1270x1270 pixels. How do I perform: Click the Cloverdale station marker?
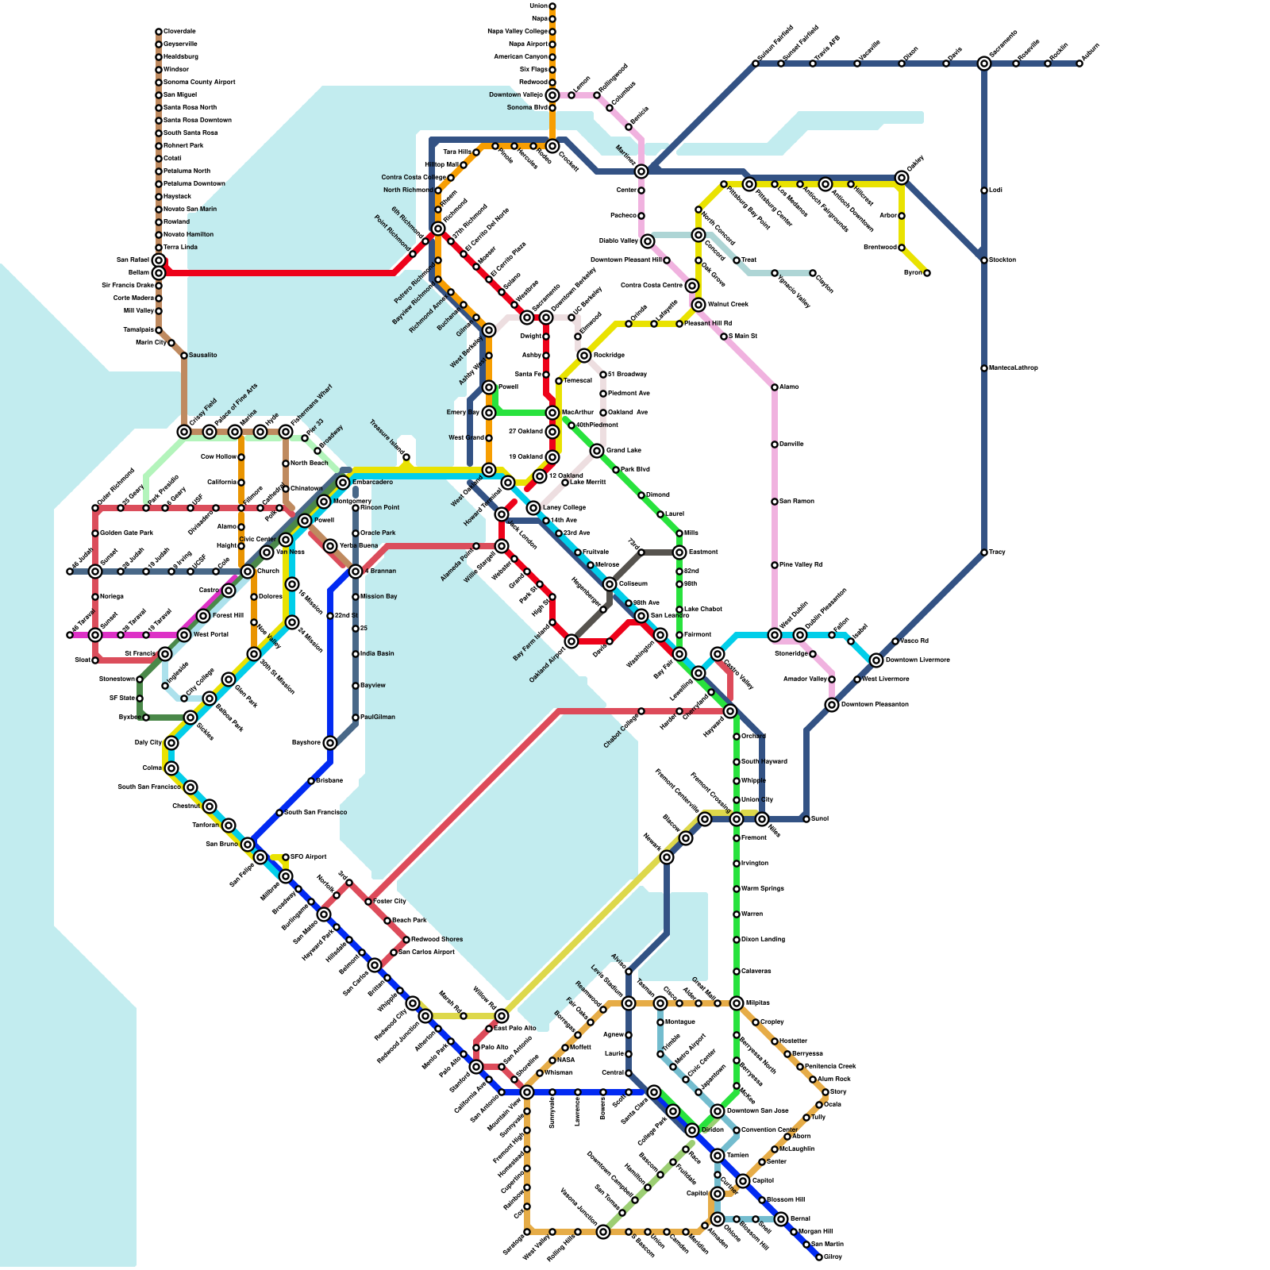(x=159, y=32)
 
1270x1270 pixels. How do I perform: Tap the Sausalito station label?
(x=202, y=356)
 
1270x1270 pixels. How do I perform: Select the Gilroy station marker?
(x=819, y=1257)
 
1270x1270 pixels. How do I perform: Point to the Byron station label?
(x=913, y=273)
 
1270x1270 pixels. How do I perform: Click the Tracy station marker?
(x=984, y=552)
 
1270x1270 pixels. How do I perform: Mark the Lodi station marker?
(x=984, y=190)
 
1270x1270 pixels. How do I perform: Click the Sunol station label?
(x=820, y=819)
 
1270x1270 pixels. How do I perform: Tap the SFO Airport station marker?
(x=286, y=857)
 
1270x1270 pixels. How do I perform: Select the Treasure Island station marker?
(x=406, y=457)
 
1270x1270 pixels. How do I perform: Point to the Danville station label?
(x=791, y=444)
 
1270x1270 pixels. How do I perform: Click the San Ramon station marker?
(x=775, y=502)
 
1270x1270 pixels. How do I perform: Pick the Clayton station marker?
(x=813, y=273)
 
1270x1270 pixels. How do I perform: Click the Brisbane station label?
(x=329, y=781)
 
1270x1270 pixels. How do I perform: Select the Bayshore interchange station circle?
(x=330, y=743)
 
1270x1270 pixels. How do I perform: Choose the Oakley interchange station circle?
(x=902, y=178)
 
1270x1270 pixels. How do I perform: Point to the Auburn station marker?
(x=1079, y=63)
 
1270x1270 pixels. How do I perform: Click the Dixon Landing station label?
(x=763, y=940)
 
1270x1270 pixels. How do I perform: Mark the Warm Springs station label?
(x=763, y=889)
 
